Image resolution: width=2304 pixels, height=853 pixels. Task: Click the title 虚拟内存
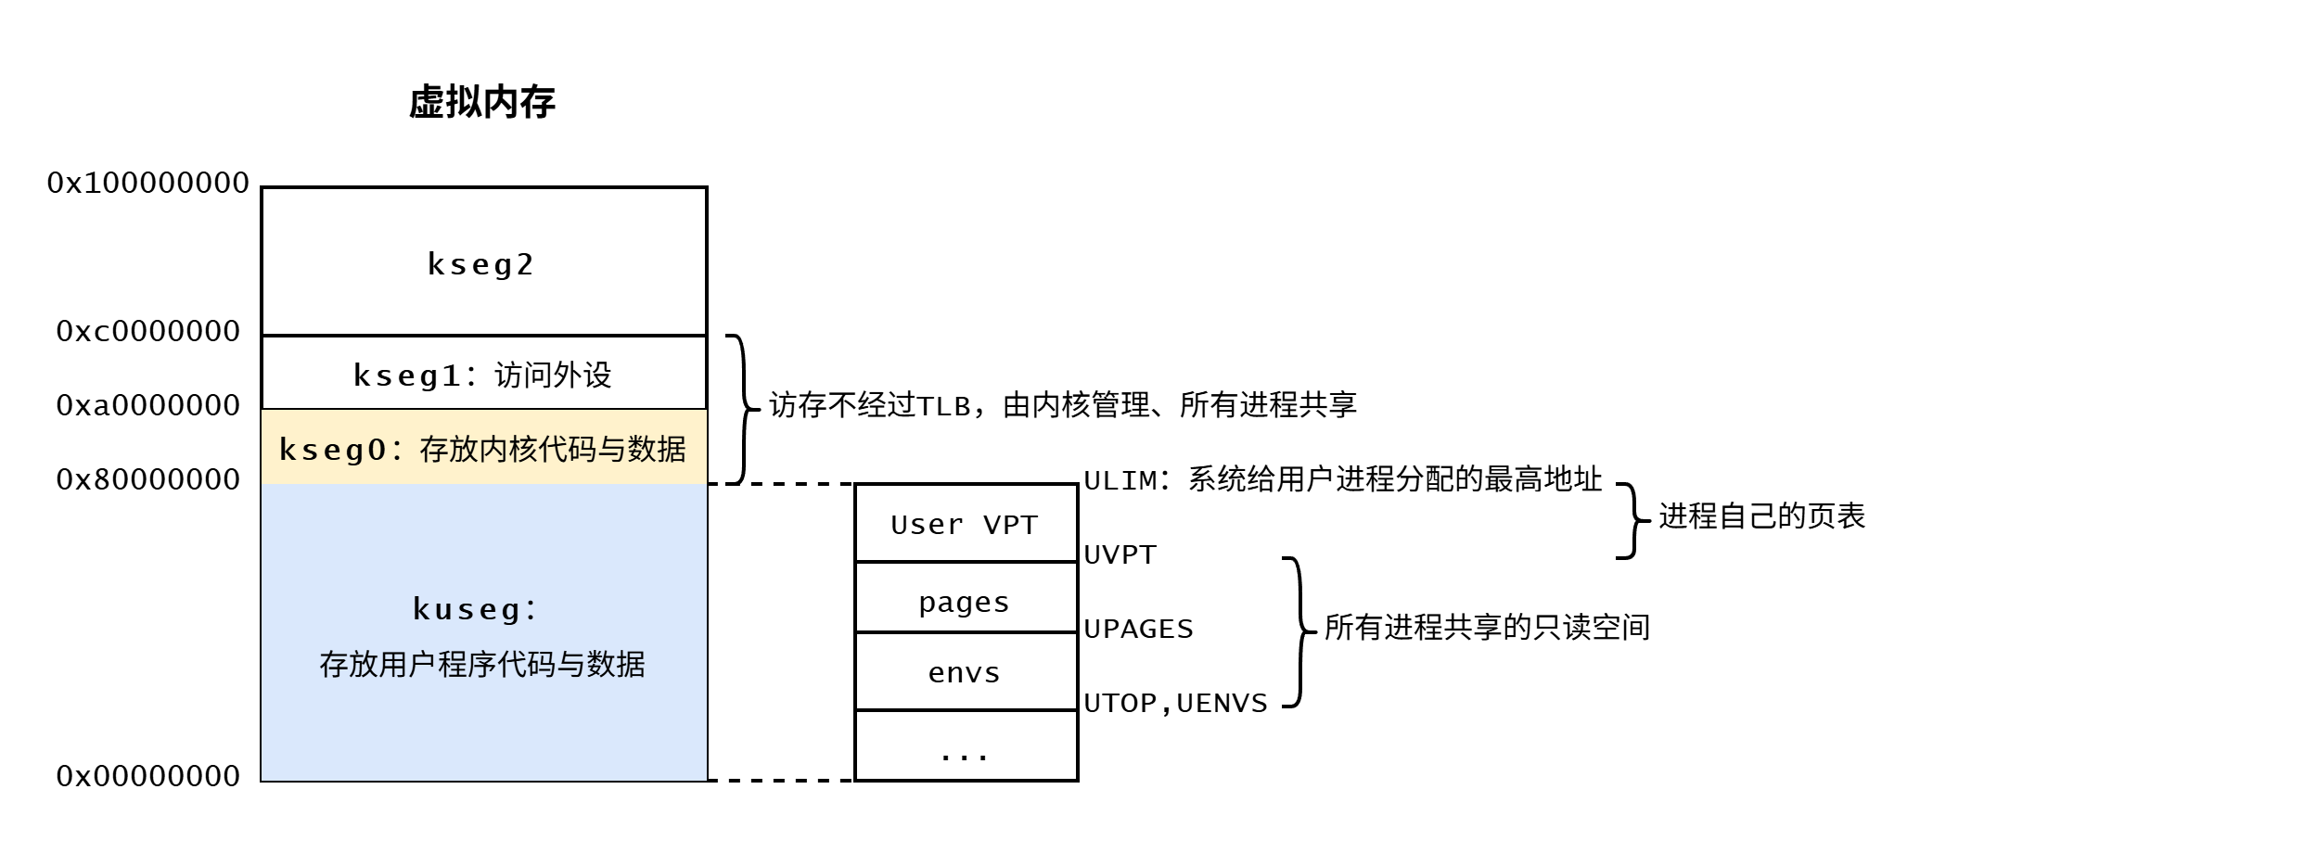(481, 102)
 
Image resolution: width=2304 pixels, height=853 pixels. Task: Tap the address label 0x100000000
(148, 183)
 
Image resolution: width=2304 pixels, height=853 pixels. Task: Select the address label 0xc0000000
(148, 331)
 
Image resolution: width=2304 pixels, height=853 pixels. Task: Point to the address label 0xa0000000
(148, 405)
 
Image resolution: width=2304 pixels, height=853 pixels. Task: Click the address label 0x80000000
(148, 479)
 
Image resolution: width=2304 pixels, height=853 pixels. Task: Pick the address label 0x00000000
(148, 776)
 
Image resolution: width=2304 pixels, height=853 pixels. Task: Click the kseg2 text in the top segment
(480, 264)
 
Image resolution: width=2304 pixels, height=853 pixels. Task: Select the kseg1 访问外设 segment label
(482, 375)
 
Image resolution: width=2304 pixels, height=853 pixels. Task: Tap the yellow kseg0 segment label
(482, 450)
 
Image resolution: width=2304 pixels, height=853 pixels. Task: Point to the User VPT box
(965, 524)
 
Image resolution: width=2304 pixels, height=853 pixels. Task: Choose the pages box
(965, 601)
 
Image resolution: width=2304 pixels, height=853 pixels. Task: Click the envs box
(965, 672)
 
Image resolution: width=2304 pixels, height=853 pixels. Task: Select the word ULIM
(1120, 480)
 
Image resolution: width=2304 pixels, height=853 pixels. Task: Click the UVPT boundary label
(1120, 554)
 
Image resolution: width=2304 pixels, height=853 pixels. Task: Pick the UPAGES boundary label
(1138, 629)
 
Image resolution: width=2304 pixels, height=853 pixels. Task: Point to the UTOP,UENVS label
(1175, 703)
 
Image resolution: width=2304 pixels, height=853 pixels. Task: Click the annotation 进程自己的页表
(1761, 516)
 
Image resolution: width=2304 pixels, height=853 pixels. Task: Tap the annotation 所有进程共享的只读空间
(1487, 628)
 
